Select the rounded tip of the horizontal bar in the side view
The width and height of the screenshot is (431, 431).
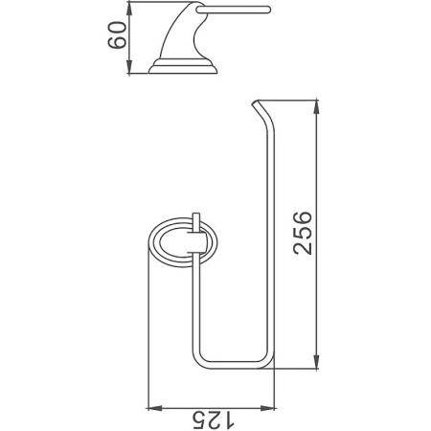click(x=269, y=13)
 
